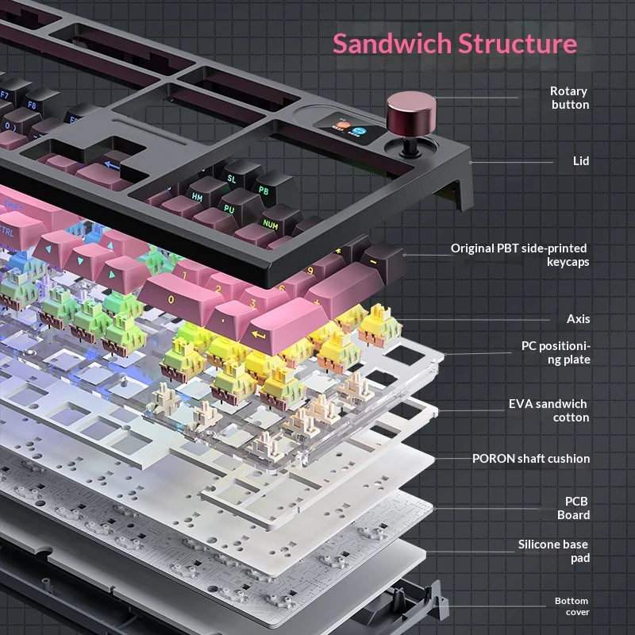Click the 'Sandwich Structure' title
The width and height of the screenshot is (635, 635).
coord(454,43)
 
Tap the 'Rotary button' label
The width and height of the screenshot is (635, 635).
coord(569,98)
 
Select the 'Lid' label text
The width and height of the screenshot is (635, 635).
coord(581,161)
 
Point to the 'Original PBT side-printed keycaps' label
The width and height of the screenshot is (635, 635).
coord(520,255)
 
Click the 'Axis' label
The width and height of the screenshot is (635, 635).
coord(578,319)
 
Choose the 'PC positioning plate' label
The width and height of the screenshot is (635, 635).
coord(556,352)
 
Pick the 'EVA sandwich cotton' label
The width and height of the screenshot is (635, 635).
coord(548,410)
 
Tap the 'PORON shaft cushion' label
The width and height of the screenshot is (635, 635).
coord(531,458)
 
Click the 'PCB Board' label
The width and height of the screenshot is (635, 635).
coord(577,508)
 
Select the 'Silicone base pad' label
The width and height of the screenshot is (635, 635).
coord(554,551)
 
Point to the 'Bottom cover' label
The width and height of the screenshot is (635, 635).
coord(571,606)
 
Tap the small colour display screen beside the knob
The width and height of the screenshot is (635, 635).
coord(346,128)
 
